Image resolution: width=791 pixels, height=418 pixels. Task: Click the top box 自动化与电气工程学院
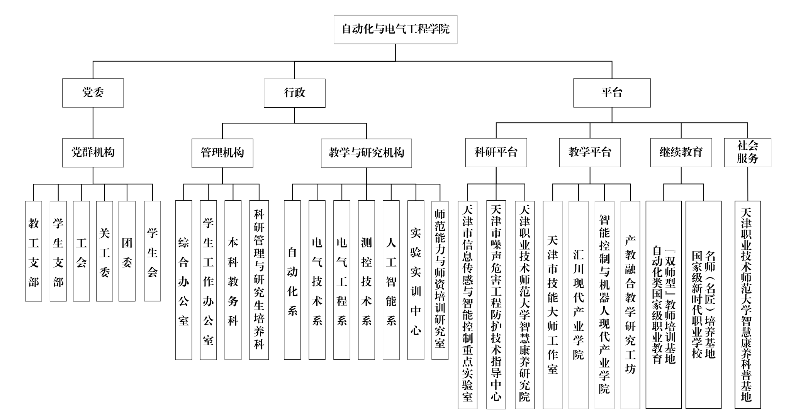(x=395, y=29)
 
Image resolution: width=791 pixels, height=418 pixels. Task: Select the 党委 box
(x=93, y=93)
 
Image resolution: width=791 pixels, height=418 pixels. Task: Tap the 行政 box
(x=294, y=93)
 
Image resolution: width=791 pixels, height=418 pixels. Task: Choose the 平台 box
(x=611, y=93)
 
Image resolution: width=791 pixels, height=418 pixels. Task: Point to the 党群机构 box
(x=93, y=152)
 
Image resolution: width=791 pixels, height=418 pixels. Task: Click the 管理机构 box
(x=222, y=153)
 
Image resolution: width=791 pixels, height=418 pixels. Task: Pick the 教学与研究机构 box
(x=366, y=153)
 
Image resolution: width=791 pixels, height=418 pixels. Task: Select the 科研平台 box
(x=496, y=152)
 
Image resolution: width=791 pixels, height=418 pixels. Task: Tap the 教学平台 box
(x=590, y=152)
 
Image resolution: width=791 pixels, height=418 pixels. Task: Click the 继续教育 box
(x=681, y=152)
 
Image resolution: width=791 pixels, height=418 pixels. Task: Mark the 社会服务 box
(x=747, y=152)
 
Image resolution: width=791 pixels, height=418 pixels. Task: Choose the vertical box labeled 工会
(x=81, y=251)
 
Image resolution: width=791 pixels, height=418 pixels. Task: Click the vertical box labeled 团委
(x=127, y=251)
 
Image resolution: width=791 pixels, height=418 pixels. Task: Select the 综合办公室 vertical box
(x=183, y=280)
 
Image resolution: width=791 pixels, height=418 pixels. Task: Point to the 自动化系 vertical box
(x=292, y=280)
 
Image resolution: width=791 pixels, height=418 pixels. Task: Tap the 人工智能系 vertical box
(x=391, y=280)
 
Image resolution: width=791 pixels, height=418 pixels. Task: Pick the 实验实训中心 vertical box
(x=416, y=280)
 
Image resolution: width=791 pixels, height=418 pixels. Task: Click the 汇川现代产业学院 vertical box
(x=578, y=305)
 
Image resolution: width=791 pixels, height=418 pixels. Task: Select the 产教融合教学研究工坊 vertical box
(x=630, y=305)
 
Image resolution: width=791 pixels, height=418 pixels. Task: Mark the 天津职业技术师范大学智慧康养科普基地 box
(x=747, y=305)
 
